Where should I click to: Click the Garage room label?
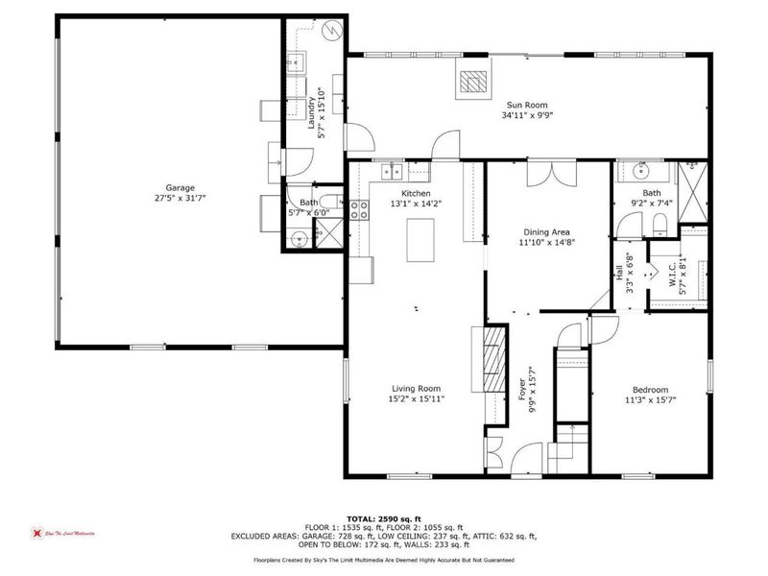point(180,187)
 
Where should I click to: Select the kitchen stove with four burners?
point(360,209)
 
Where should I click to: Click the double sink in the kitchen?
point(392,172)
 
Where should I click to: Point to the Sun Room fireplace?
point(472,83)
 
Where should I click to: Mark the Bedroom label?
point(648,389)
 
